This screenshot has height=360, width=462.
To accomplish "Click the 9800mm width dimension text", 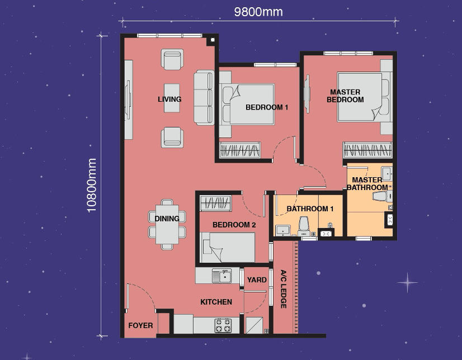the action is click(x=258, y=12).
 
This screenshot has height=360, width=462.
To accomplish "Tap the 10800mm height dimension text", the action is click(x=92, y=185).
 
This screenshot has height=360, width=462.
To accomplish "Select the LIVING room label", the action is click(x=169, y=99).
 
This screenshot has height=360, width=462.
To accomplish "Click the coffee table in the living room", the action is click(x=172, y=98).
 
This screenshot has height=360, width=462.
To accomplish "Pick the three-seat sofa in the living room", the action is click(x=204, y=97).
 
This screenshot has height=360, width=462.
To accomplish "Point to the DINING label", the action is click(x=167, y=219).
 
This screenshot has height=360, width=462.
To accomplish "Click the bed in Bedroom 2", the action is click(x=228, y=247).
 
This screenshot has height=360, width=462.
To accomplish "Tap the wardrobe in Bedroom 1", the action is click(x=240, y=150).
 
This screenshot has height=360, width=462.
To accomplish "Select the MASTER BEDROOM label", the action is click(x=345, y=96).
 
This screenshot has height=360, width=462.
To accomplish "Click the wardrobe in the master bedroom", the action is click(x=367, y=150).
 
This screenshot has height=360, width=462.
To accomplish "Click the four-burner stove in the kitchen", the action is click(x=223, y=325).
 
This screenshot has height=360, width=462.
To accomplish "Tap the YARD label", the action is click(x=257, y=280).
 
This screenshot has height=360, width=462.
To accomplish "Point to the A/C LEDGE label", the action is click(x=284, y=289).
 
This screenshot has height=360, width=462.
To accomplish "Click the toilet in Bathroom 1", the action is click(x=304, y=226).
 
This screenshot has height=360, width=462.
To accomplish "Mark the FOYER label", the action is click(x=140, y=325).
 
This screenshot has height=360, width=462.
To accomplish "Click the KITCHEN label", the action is click(x=216, y=302).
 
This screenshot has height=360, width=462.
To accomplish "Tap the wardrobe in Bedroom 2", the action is click(x=215, y=203).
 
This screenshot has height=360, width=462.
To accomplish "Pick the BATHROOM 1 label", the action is click(x=310, y=209).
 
